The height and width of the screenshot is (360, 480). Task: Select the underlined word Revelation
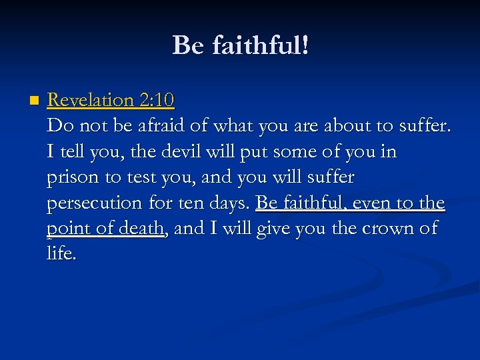[91, 100]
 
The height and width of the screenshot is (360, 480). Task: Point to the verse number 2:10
[157, 100]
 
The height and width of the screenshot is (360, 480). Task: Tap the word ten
[188, 203]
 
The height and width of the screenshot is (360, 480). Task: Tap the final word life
[61, 254]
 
